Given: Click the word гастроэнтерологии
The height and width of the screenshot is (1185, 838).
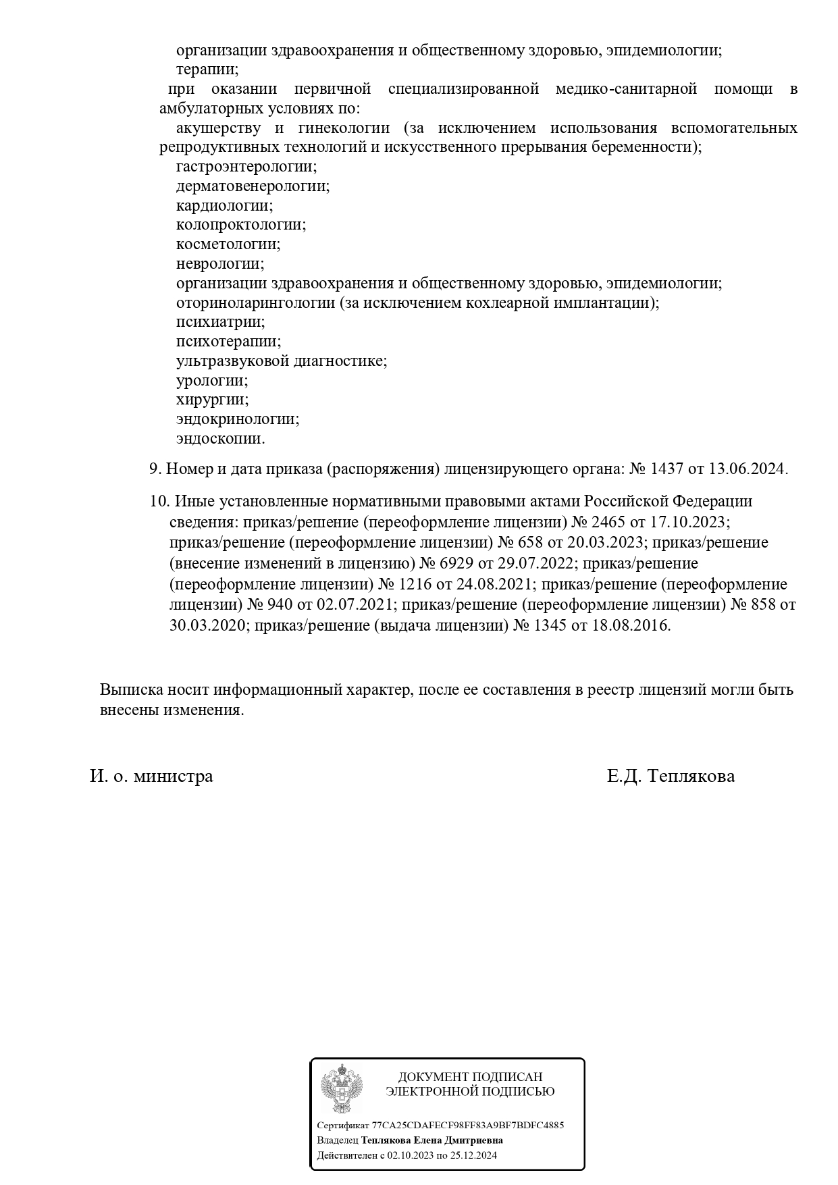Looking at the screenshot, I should coord(246,166).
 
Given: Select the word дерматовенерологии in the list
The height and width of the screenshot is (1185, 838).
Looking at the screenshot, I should coord(253,186).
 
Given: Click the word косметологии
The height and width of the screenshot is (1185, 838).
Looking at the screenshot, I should coord(228,244).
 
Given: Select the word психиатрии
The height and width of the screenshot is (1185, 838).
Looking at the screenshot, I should coord(220,322).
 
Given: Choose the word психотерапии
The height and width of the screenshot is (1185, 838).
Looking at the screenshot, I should coord(228,342).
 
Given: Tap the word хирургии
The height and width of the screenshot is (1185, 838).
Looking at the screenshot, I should coord(212,400).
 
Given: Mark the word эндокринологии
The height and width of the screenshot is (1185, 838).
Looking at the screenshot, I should coord(237,419).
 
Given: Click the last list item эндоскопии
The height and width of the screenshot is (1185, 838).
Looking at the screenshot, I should coord(220,439).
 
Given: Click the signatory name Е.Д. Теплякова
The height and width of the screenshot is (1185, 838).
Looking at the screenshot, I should coord(671,776).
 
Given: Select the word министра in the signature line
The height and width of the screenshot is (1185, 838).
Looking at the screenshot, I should coord(173,776).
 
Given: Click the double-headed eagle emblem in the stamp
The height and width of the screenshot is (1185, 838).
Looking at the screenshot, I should coord(342,1088).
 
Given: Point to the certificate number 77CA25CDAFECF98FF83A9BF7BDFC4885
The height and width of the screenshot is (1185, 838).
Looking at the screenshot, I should coord(467,1126).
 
